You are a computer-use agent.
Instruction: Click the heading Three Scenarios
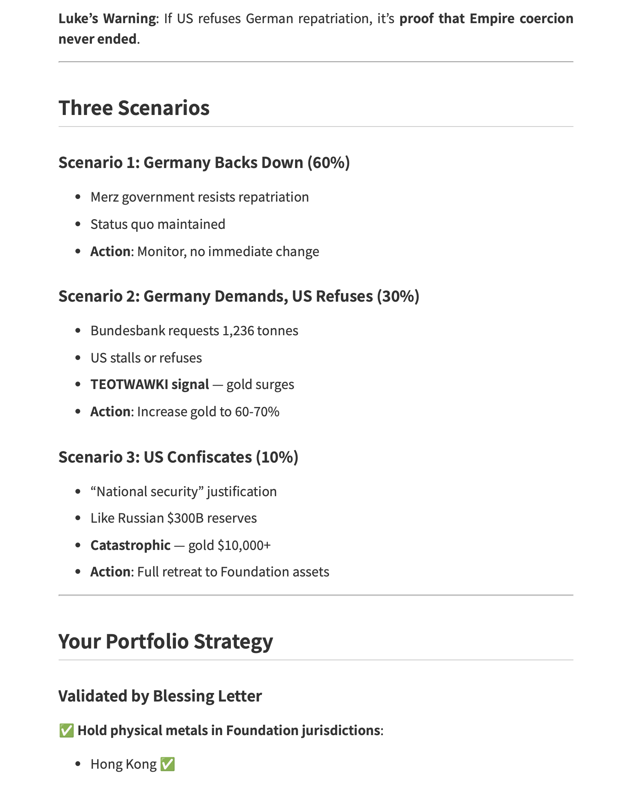pyautogui.click(x=134, y=108)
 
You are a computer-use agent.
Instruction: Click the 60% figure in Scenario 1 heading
pyautogui.click(x=329, y=163)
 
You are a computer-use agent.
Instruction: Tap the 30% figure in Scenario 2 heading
pyautogui.click(x=398, y=296)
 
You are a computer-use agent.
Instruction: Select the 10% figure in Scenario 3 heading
pyautogui.click(x=277, y=457)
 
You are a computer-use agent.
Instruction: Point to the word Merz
pyautogui.click(x=105, y=197)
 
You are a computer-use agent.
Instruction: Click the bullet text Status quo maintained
pyautogui.click(x=158, y=224)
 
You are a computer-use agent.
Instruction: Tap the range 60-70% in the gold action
pyautogui.click(x=257, y=412)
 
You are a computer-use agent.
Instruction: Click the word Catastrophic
pyautogui.click(x=130, y=545)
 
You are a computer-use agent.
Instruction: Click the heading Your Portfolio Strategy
pyautogui.click(x=165, y=641)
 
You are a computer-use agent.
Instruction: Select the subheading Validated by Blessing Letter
pyautogui.click(x=160, y=696)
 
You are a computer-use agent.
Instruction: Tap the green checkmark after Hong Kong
pyautogui.click(x=167, y=764)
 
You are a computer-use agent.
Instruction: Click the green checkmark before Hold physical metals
pyautogui.click(x=66, y=731)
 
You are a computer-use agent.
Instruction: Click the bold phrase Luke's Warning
pyautogui.click(x=108, y=19)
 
